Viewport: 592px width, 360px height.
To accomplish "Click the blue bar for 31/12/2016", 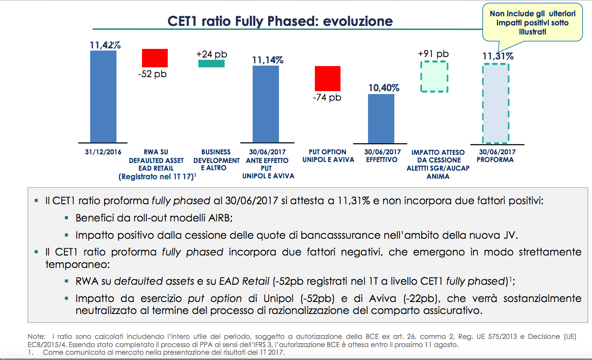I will [x=103, y=96].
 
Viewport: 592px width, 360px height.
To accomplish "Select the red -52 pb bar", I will [x=154, y=58].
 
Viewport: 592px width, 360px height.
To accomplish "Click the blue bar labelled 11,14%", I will [x=266, y=104].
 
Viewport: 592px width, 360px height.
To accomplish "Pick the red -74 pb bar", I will [x=327, y=78].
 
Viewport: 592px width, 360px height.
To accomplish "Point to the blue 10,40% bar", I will [x=381, y=118].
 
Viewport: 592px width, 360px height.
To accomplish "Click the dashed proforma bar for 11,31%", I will [x=496, y=103].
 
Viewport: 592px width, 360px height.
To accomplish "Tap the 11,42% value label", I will [x=105, y=45].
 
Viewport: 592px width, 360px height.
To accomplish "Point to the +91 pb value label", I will [x=433, y=54].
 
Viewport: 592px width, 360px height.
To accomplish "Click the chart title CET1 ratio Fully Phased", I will [x=280, y=21].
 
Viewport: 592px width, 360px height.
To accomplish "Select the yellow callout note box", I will [x=533, y=23].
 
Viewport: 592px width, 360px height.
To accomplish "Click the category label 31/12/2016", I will [x=103, y=152].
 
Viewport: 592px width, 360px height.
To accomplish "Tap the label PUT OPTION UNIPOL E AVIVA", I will [x=328, y=156].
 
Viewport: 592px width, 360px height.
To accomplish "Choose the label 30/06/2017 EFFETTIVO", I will [x=382, y=156].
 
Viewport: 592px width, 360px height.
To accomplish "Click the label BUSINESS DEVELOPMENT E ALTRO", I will [x=216, y=160].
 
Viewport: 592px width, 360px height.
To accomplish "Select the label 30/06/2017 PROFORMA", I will [x=495, y=156].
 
